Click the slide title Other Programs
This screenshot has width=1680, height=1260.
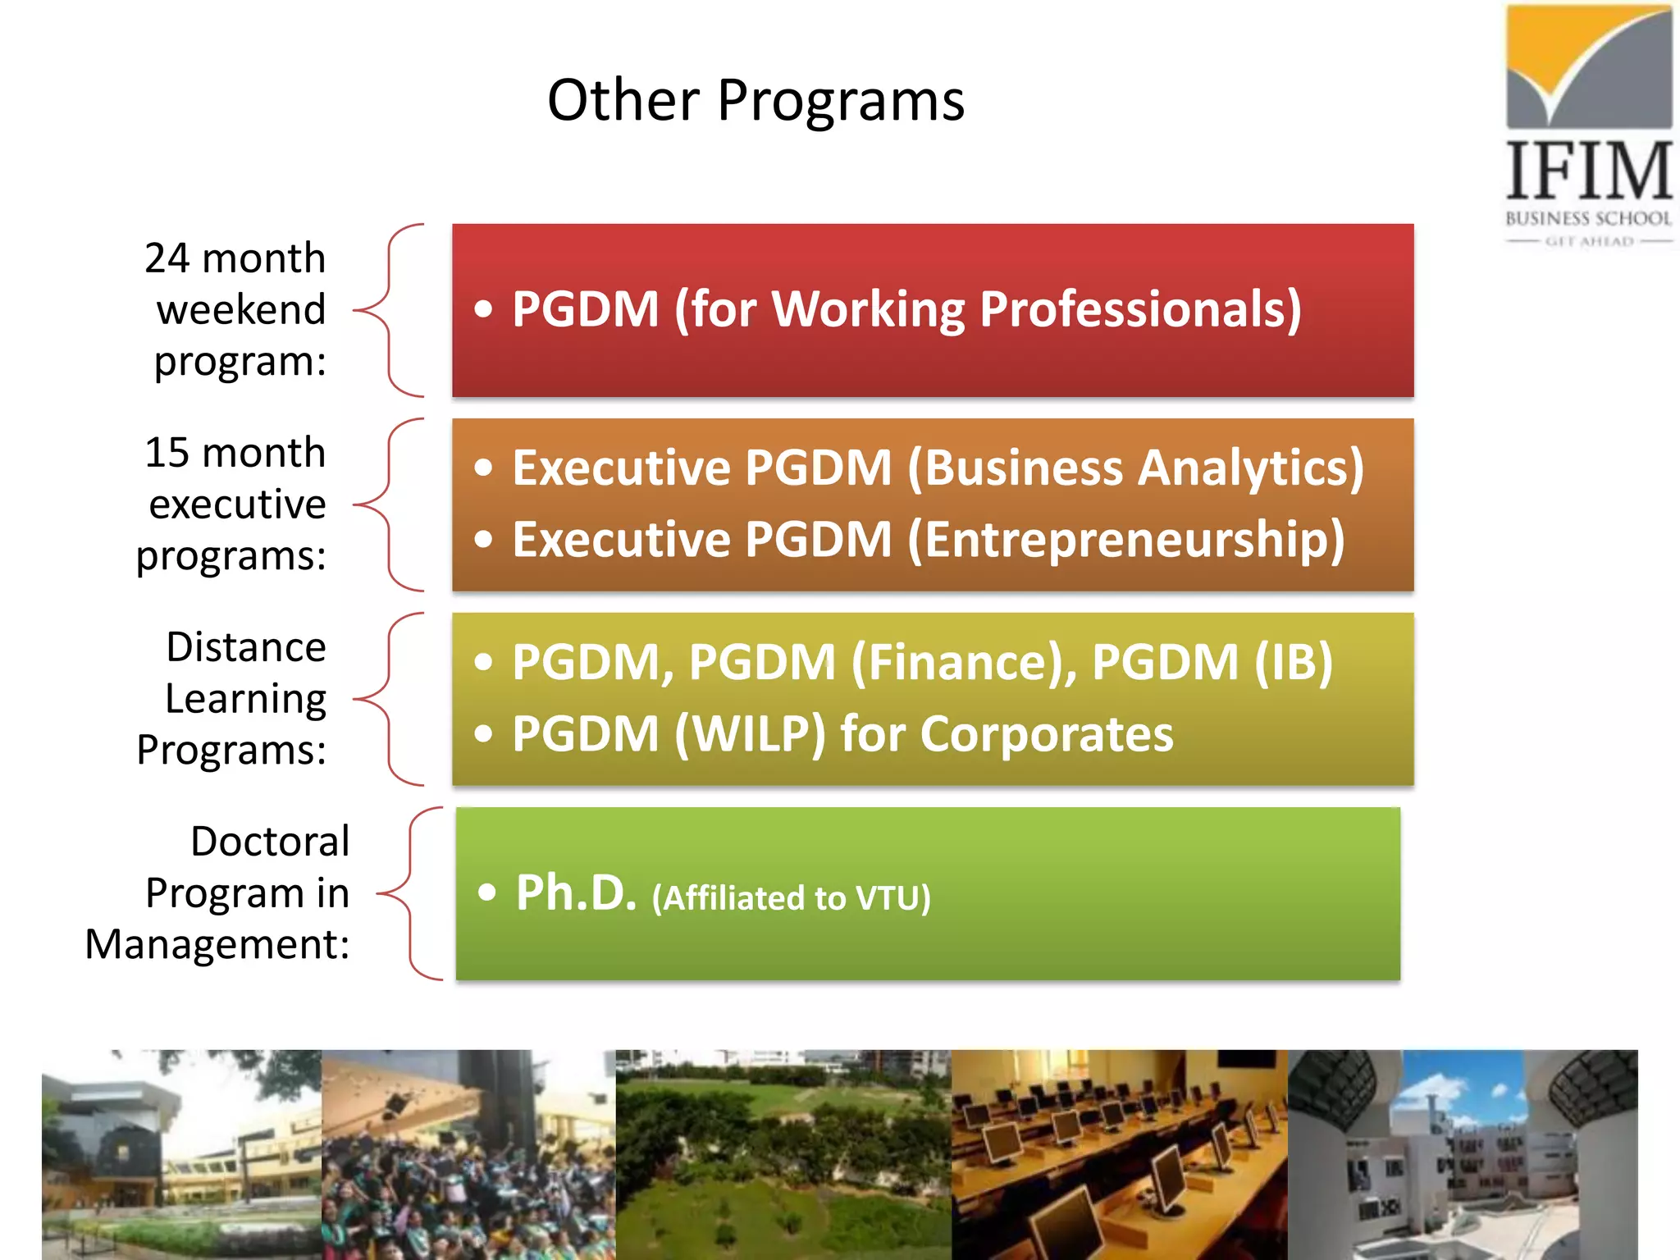[756, 100]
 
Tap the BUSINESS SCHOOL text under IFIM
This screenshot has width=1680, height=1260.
[1588, 218]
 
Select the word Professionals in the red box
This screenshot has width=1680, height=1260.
[1140, 309]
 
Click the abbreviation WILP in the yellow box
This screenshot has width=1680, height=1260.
[750, 733]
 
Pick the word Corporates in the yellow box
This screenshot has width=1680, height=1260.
[1047, 733]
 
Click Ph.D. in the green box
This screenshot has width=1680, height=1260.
[576, 893]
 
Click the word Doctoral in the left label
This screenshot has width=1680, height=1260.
[270, 842]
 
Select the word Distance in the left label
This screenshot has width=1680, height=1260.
[246, 647]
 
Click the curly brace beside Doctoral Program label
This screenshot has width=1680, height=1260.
[410, 893]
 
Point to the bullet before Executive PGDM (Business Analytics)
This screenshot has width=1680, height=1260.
[484, 468]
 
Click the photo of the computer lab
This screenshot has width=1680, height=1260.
[1119, 1154]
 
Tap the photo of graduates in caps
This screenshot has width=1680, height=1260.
[468, 1154]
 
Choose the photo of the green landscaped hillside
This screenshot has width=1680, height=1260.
[783, 1154]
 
